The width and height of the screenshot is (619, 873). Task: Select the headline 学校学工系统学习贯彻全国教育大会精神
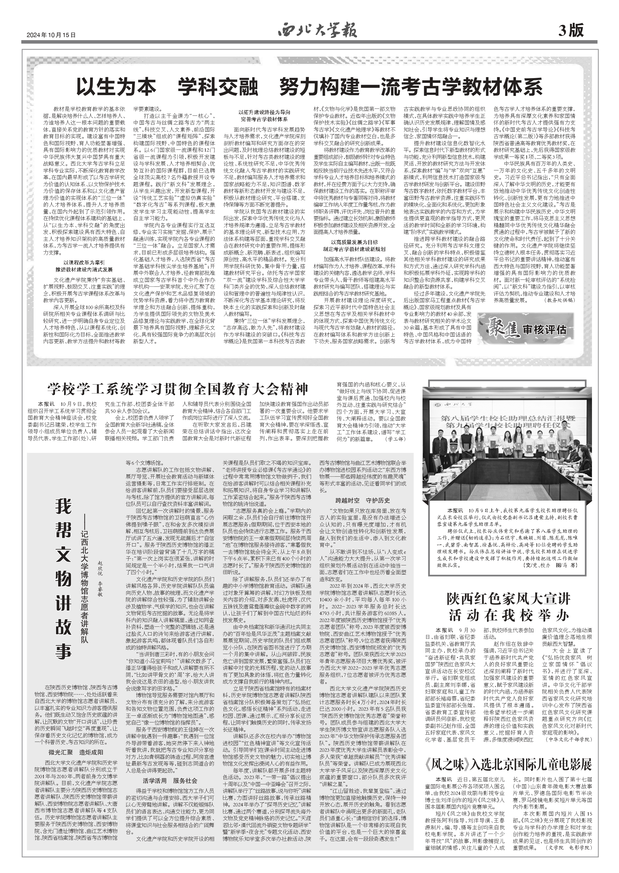[x=177, y=389]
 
